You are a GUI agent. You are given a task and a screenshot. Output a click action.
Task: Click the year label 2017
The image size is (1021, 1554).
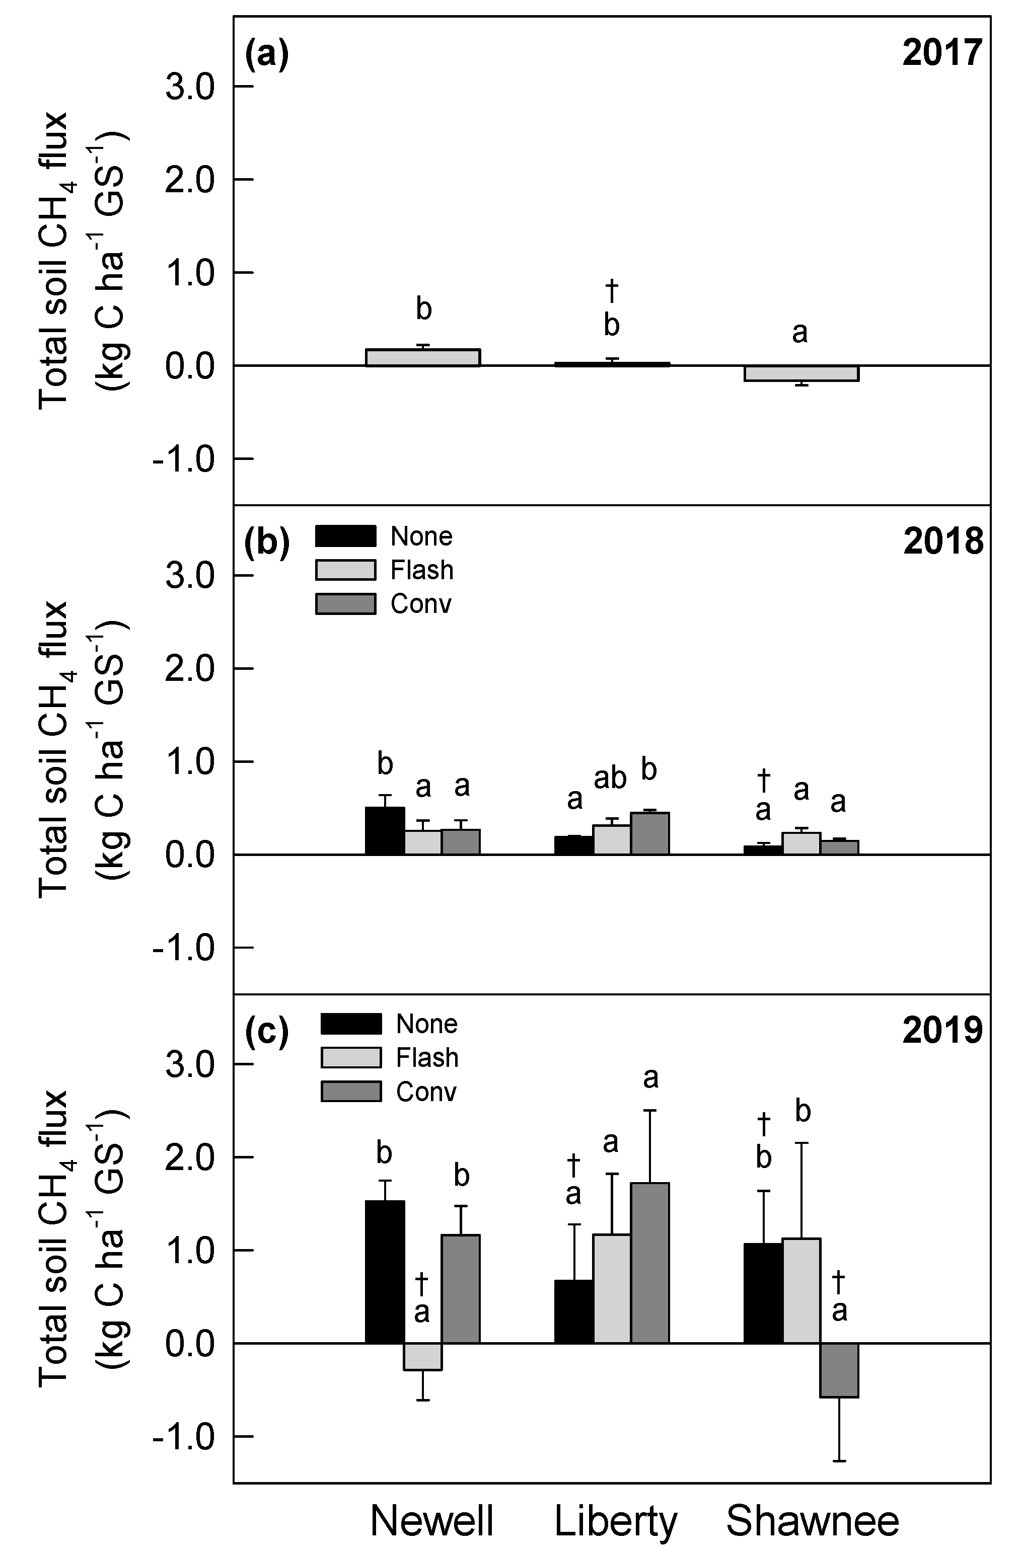click(x=942, y=53)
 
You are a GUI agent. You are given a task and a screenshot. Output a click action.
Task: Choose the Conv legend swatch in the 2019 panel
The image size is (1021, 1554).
click(x=351, y=1092)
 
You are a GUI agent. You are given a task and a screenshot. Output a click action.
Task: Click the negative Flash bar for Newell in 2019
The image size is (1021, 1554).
click(x=422, y=1356)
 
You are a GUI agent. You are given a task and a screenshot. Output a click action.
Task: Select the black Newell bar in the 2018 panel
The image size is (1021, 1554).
click(x=385, y=830)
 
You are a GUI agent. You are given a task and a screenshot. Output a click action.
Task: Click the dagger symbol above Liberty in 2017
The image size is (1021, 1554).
click(x=611, y=290)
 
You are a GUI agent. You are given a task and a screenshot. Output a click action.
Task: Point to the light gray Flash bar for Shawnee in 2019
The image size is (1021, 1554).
click(x=801, y=1290)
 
